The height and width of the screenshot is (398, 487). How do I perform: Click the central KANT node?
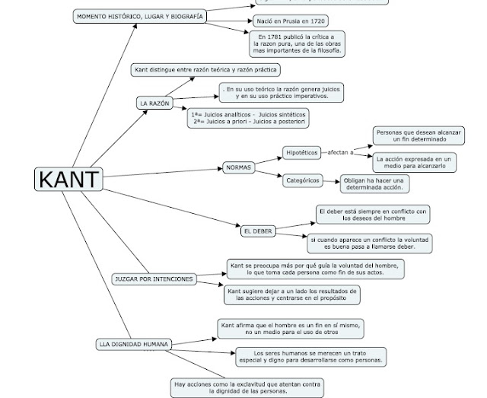tap(68, 180)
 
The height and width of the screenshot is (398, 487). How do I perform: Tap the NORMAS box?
tap(238, 167)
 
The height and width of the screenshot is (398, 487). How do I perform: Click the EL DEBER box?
tap(257, 231)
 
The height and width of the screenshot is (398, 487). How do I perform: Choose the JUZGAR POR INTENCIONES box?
tap(153, 279)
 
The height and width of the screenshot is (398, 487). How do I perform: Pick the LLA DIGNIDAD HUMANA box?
tap(133, 344)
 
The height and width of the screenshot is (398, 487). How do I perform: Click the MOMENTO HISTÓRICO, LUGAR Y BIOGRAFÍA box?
tap(140, 16)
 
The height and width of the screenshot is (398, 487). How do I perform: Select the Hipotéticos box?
tap(301, 153)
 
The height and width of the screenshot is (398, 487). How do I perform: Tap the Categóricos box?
tap(301, 181)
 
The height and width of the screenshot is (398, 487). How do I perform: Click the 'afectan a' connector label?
tap(341, 153)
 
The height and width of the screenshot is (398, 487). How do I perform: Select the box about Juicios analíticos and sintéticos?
tap(249, 118)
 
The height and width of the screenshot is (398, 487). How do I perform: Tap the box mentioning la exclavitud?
tap(247, 388)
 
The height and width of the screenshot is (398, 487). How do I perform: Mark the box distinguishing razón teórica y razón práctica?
tap(205, 70)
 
